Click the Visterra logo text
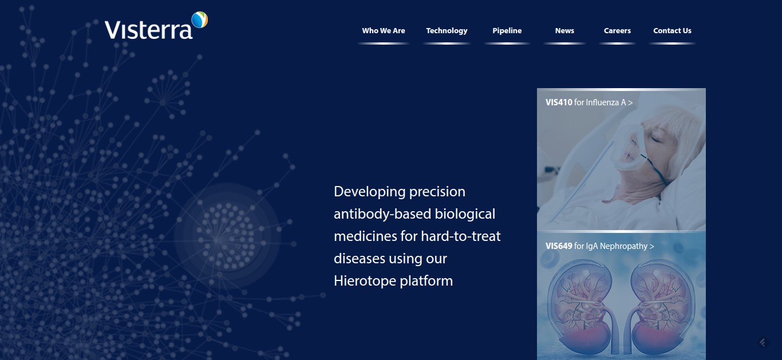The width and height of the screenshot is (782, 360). pos(148,30)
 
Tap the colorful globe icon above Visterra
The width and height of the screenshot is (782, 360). pos(200,19)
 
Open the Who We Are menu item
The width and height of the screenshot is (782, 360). pos(384,31)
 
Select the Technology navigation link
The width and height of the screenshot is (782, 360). pos(447,31)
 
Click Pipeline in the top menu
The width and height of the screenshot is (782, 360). pos(507,31)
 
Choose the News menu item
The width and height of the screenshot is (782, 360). pos(564,31)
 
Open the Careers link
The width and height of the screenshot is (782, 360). pos(617,31)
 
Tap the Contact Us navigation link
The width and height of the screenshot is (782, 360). pos(672,31)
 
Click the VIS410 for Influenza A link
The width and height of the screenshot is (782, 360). pos(589,102)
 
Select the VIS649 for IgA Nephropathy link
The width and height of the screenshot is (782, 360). pos(599,246)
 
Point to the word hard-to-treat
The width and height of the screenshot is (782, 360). pos(461,236)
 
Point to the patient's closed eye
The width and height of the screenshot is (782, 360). pos(655,139)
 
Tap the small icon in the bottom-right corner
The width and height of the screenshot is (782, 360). pos(763,342)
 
